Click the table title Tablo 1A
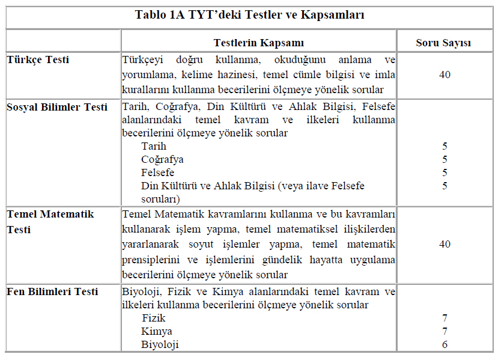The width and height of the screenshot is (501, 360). (x=249, y=15)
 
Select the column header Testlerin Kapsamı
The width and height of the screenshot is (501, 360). (x=258, y=43)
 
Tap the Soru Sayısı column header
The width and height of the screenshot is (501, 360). (x=444, y=43)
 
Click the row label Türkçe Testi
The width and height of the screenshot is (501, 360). (x=38, y=59)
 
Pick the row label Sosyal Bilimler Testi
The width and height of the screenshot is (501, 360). (x=57, y=107)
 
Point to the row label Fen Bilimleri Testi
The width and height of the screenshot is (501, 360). (x=52, y=291)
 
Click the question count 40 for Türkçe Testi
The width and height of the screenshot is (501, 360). (x=445, y=75)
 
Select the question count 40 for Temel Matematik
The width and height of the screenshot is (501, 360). (x=445, y=244)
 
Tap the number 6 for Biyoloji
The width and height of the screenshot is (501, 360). (x=445, y=344)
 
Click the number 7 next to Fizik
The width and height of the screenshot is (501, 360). (x=445, y=318)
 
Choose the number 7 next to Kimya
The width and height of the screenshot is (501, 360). (x=445, y=331)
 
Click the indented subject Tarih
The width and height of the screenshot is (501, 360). (x=154, y=146)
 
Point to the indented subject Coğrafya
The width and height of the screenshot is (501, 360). (x=162, y=159)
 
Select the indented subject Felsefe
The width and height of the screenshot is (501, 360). (x=157, y=172)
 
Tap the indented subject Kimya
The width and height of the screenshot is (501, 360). (x=156, y=331)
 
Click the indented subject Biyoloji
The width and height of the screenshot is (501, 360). (x=160, y=344)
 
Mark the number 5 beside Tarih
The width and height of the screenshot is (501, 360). (x=445, y=146)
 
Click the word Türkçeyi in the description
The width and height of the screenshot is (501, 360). (x=144, y=60)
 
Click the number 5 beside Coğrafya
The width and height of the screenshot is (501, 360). (x=445, y=159)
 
